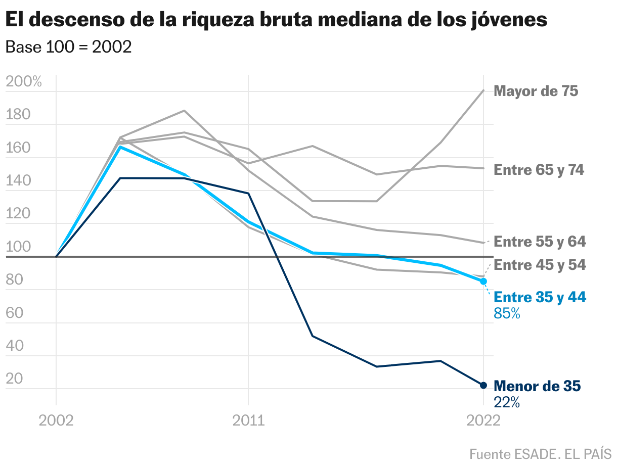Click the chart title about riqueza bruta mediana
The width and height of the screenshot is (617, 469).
click(276, 20)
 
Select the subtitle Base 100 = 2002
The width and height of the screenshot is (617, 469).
click(68, 47)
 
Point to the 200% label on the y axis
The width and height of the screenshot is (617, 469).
click(24, 82)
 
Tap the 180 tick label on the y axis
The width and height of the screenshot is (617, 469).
click(18, 115)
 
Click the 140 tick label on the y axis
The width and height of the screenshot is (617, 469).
click(18, 181)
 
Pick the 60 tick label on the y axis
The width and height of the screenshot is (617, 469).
click(15, 313)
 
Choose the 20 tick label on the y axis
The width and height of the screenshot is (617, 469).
click(15, 379)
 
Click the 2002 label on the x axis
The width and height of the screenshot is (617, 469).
click(56, 420)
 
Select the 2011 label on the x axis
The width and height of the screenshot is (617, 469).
click(248, 420)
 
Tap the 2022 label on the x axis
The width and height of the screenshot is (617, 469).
click(483, 420)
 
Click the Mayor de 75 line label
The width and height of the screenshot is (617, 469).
click(536, 91)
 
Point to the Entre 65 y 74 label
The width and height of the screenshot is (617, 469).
click(539, 170)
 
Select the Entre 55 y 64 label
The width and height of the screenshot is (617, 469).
click(540, 242)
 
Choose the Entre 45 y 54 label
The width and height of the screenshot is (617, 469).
click(540, 265)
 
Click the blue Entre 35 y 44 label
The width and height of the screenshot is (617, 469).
click(540, 297)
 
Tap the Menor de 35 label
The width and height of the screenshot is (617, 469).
click(537, 387)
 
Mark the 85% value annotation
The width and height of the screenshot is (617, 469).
click(507, 314)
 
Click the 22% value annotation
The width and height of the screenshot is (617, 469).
click(507, 402)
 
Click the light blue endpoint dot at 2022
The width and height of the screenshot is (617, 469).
click(483, 281)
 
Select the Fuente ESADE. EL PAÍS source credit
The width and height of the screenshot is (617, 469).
click(540, 454)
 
